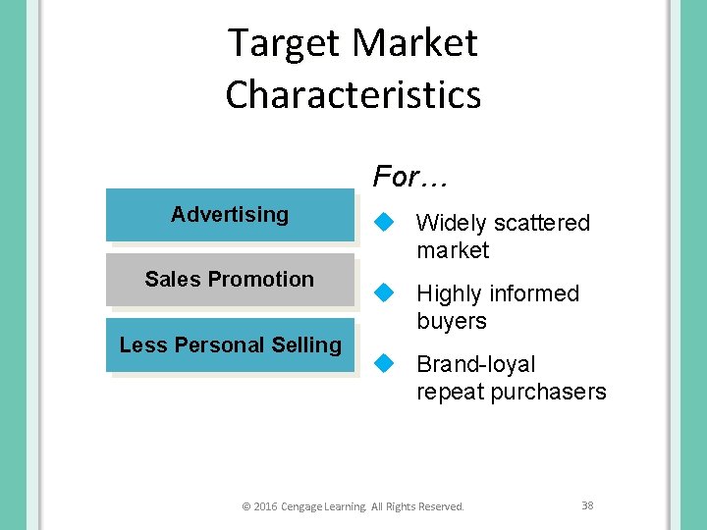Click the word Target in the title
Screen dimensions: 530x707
click(x=284, y=44)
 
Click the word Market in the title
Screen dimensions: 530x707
click(x=414, y=44)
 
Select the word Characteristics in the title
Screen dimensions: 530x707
click(x=353, y=95)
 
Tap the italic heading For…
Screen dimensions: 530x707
click(x=409, y=178)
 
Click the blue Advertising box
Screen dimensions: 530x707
click(x=230, y=215)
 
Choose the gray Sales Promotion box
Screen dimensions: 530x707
click(x=230, y=280)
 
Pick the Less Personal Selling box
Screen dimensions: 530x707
click(x=230, y=345)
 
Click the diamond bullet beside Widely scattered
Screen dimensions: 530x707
click(x=385, y=223)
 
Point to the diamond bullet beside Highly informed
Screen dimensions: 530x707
click(x=385, y=292)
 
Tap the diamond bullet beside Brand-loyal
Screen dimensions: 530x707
click(x=385, y=363)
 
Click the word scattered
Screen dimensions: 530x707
click(x=542, y=224)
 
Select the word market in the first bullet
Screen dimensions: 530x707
click(x=452, y=250)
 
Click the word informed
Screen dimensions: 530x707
click(x=531, y=293)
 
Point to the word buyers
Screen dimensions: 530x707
click(x=452, y=321)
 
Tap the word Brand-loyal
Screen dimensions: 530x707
click(x=476, y=364)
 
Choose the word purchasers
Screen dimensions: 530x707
click(x=552, y=392)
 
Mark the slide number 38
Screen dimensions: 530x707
click(x=587, y=505)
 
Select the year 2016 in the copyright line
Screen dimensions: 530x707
click(x=265, y=506)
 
